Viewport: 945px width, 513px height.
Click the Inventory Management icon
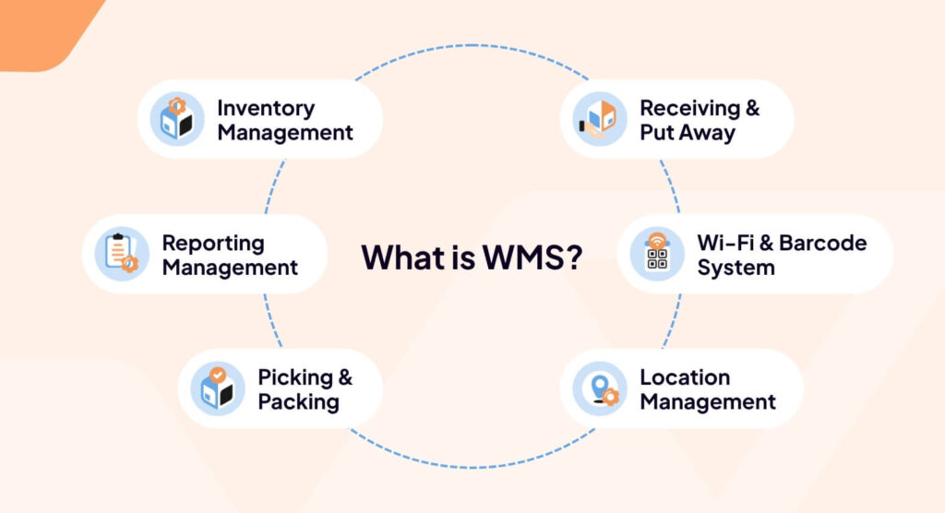(x=176, y=119)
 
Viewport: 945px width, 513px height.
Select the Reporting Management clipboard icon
(x=121, y=254)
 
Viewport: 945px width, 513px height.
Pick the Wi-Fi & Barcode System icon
(x=656, y=254)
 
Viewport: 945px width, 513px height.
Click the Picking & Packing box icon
(x=217, y=388)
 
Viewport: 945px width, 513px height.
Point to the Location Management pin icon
(x=599, y=388)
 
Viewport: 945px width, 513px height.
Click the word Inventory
(x=266, y=108)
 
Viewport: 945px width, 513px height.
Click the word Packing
(x=298, y=402)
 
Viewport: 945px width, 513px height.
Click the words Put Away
(x=688, y=132)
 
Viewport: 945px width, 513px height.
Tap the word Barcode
(x=823, y=243)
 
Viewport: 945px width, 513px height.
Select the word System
(x=736, y=268)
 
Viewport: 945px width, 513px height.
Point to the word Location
(x=685, y=377)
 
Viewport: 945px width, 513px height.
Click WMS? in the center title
(x=531, y=256)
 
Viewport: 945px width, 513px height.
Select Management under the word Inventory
(x=285, y=132)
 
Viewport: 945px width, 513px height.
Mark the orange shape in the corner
(x=42, y=28)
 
